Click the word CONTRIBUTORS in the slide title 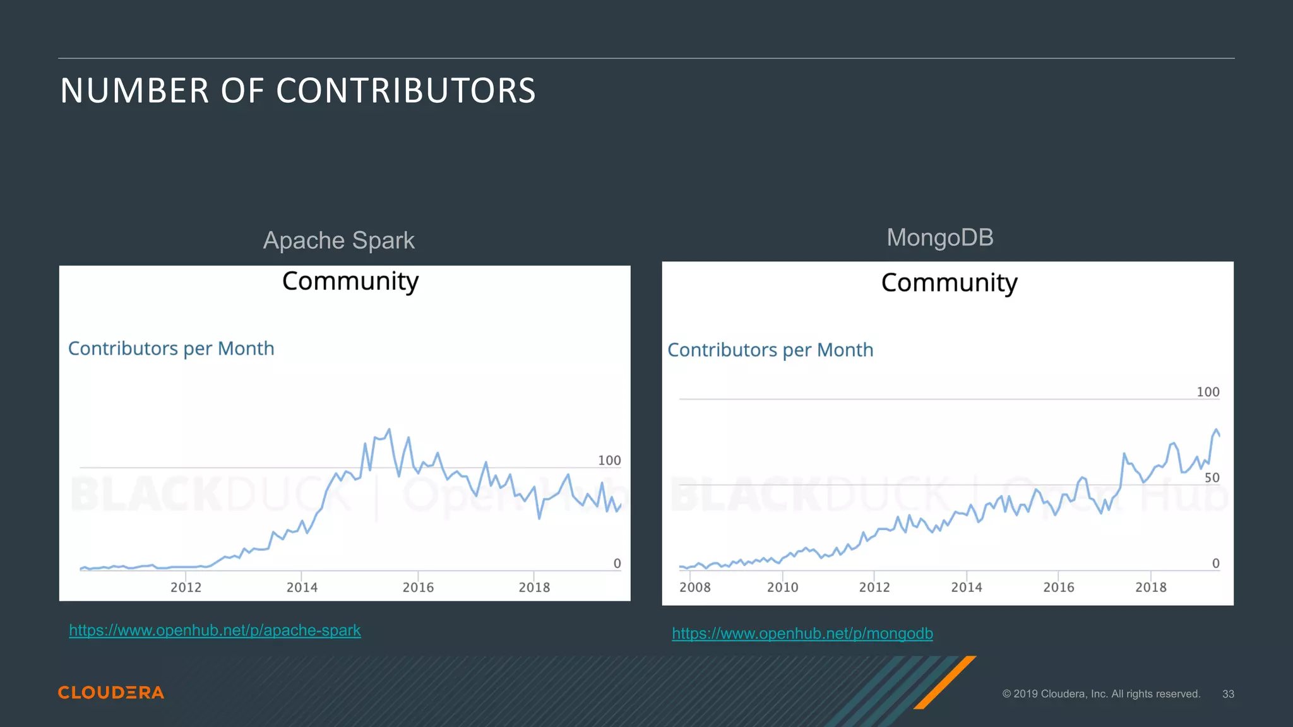coord(405,91)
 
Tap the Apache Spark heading coord(338,240)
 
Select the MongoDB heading coord(939,238)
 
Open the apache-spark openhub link coord(215,630)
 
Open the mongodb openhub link coord(802,634)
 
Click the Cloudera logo coord(111,692)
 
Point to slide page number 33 coord(1227,694)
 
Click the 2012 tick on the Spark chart coord(186,587)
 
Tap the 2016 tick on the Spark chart coord(418,587)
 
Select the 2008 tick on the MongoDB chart coord(694,587)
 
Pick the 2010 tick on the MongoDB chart coord(782,587)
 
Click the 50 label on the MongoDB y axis coord(1212,478)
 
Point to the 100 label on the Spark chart coord(609,461)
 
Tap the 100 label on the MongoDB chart coord(1208,392)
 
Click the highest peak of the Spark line coord(389,430)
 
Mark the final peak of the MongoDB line coord(1215,430)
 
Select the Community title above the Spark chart coord(350,281)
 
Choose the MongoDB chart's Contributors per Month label coord(770,350)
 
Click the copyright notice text coord(1101,694)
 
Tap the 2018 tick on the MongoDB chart coord(1150,587)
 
